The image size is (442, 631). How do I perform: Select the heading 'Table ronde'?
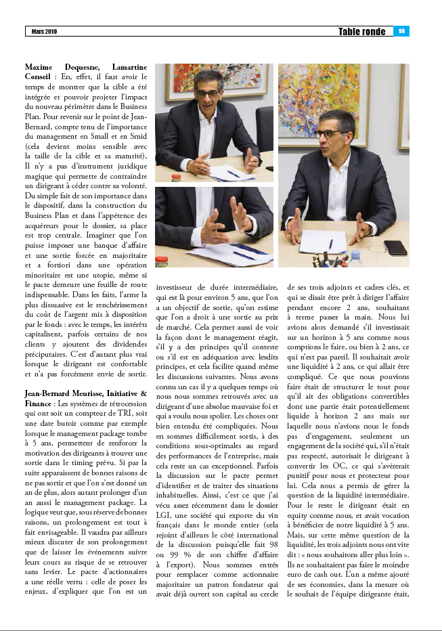tap(362, 32)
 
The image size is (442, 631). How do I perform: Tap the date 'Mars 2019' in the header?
tap(45, 32)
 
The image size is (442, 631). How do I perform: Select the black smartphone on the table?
tap(395, 247)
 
